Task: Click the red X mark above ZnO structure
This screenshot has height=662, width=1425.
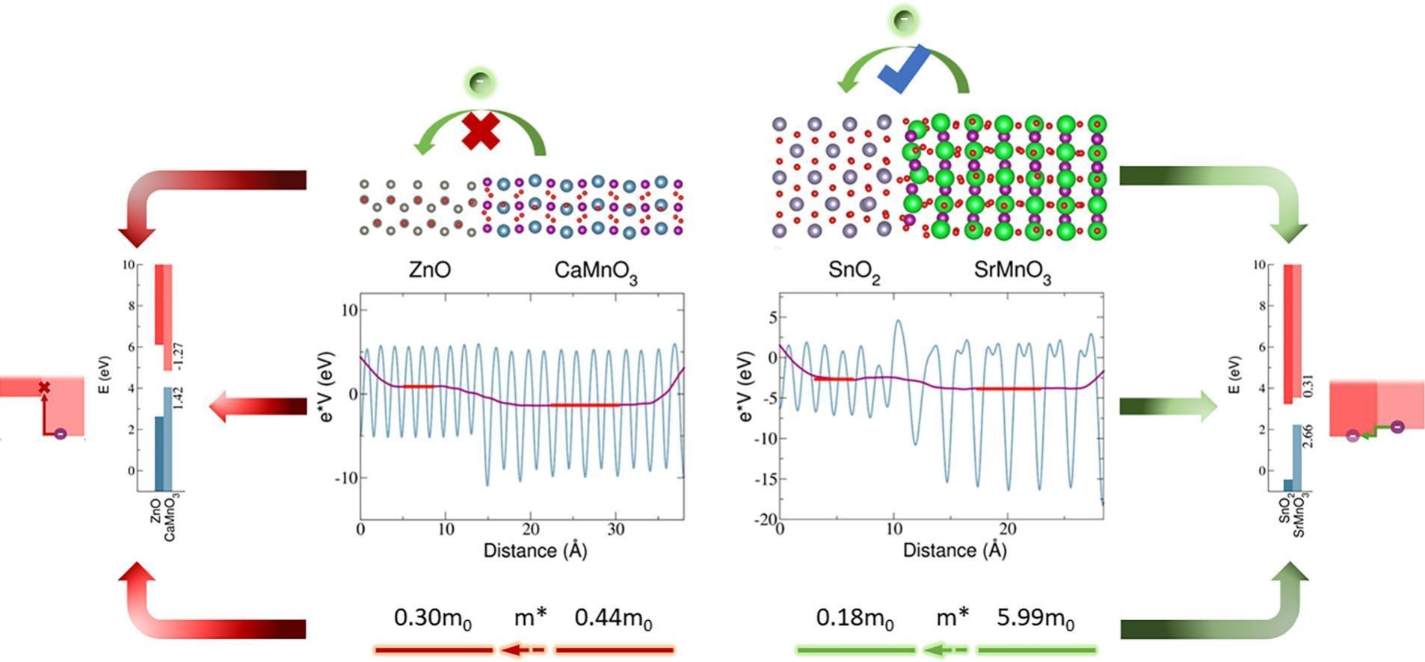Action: point(481,132)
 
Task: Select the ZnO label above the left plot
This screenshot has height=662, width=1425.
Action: point(430,270)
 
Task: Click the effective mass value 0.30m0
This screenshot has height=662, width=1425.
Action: point(432,619)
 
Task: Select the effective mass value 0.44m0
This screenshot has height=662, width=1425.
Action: point(613,619)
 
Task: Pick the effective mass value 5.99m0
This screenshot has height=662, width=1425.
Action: point(1035,619)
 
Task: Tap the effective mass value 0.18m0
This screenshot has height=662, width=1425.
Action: point(855,619)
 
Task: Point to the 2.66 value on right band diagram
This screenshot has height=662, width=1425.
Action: point(1308,436)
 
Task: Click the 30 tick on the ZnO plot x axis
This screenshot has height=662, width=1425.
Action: point(615,530)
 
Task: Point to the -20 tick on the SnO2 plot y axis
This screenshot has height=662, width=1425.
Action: point(766,520)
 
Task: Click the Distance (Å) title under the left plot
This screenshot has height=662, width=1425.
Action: point(535,551)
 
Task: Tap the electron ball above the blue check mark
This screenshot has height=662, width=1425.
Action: point(902,21)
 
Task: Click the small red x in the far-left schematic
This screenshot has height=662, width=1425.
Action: point(44,387)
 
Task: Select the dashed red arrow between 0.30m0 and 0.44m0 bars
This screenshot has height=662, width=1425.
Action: point(523,650)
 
